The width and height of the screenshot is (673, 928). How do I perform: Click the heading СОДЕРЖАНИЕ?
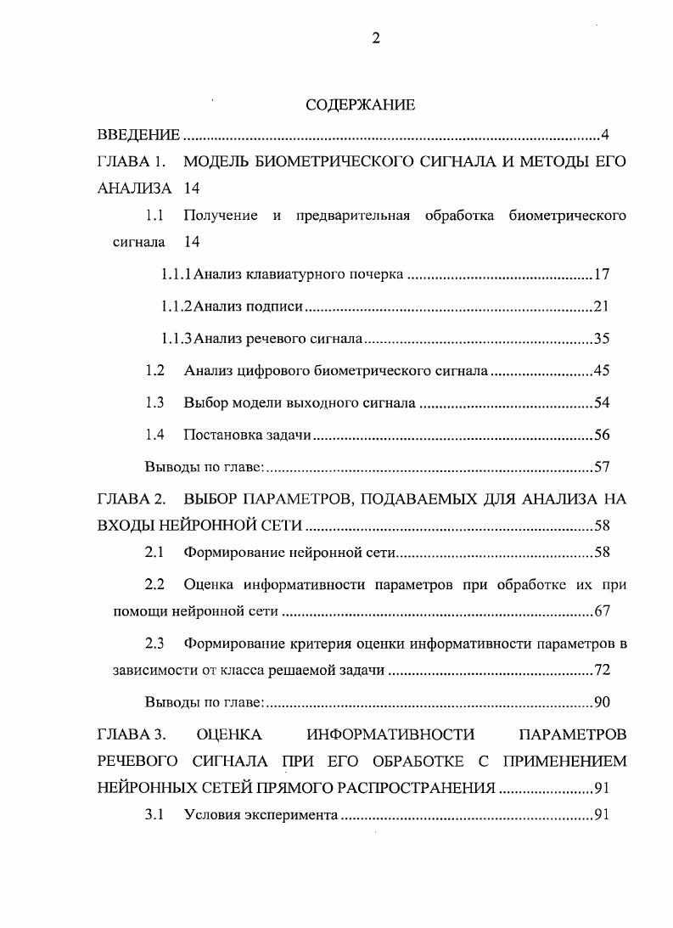[360, 105]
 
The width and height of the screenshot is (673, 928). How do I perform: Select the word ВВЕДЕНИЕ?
[137, 135]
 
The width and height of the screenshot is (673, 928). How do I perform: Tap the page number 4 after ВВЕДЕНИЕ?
[604, 135]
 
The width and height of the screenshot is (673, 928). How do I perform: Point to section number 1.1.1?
[177, 274]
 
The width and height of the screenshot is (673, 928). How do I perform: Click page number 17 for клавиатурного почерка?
[602, 274]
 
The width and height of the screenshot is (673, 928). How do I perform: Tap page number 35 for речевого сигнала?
[602, 339]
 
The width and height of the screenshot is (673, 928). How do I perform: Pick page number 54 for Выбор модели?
[602, 402]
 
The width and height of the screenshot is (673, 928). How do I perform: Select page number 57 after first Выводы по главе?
[602, 467]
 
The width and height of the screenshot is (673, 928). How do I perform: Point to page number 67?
[602, 611]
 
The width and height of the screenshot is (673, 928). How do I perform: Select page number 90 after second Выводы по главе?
[602, 702]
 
